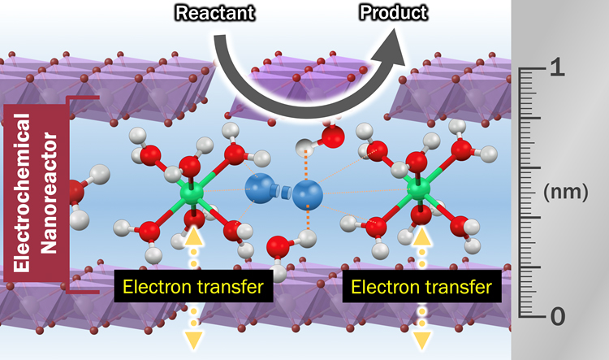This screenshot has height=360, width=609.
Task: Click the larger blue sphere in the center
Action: click(307, 194)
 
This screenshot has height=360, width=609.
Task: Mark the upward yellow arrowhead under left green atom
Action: click(192, 236)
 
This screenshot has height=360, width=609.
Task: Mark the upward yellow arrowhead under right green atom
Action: click(422, 236)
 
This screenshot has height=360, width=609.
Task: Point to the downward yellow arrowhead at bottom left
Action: click(193, 339)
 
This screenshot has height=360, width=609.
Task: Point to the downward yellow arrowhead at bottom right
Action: click(422, 339)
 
